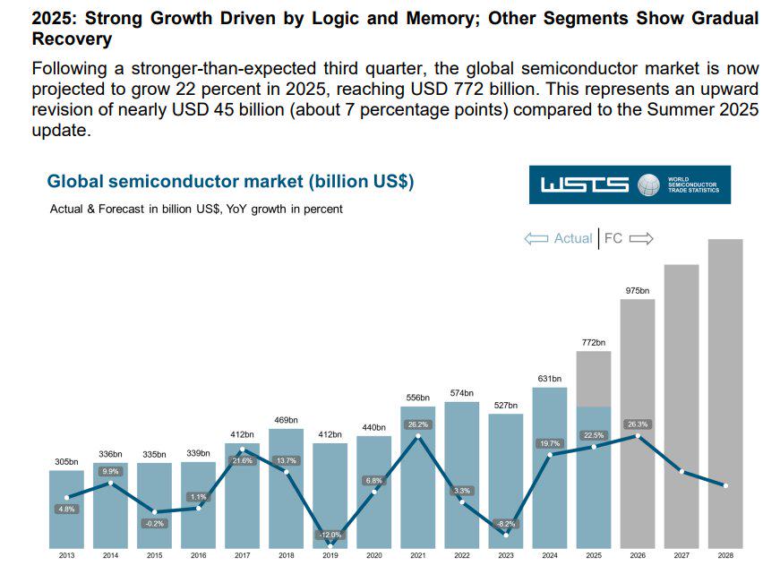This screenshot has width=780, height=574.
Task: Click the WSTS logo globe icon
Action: coord(647,184)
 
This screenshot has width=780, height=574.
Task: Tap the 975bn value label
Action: coord(637,291)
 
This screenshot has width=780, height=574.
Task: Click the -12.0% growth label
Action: coord(330,535)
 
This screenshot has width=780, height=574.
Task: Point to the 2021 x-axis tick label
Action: coord(418,555)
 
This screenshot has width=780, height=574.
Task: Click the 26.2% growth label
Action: coord(418,424)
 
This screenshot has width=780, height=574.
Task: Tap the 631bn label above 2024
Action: coord(549,379)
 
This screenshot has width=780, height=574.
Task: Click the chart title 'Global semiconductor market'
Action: coord(230,182)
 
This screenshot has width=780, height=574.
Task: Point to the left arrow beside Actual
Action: coord(536,238)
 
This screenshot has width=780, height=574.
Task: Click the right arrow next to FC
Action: coord(642,238)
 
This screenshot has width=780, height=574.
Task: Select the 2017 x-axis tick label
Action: coord(242,555)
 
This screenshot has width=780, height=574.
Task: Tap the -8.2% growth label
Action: coord(506,524)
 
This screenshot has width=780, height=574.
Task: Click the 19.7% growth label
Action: coord(549,443)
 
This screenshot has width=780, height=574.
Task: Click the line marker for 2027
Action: coord(681,471)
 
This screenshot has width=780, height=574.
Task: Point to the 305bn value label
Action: coord(66,462)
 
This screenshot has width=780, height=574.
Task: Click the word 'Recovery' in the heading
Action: coord(72,39)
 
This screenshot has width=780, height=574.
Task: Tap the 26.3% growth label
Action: coord(637,424)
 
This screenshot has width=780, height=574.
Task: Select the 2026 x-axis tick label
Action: coord(637,555)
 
